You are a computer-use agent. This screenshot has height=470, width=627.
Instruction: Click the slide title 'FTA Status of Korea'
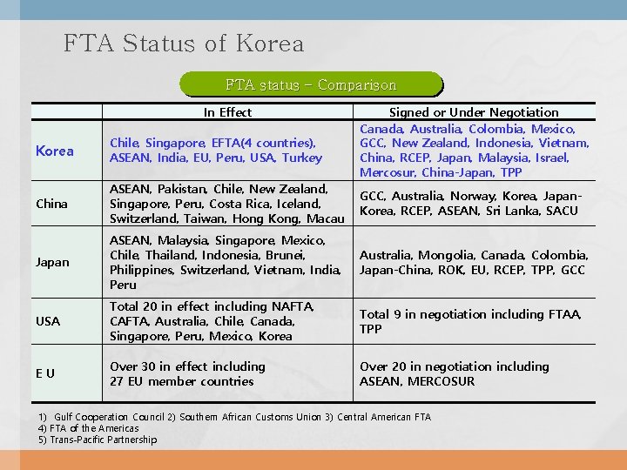tap(184, 44)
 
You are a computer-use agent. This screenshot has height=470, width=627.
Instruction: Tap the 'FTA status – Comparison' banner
tap(311, 84)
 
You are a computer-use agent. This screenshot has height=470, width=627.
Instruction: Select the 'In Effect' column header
tap(227, 112)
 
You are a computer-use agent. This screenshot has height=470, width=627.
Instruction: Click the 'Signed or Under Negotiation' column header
tap(474, 112)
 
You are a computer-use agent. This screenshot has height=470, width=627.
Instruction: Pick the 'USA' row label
tap(48, 321)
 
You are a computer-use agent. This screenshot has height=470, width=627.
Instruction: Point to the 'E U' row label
tap(45, 373)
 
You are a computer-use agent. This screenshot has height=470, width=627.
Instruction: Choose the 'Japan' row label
tap(51, 262)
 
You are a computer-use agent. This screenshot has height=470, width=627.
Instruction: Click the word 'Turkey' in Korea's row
tap(303, 158)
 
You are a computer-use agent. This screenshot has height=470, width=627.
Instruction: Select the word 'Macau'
tap(326, 218)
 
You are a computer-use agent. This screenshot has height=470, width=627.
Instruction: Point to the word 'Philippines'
tap(141, 270)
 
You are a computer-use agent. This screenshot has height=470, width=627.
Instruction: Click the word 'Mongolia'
tap(446, 255)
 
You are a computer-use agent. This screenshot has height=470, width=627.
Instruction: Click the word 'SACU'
tap(560, 211)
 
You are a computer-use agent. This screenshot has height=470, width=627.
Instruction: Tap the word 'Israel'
tap(550, 158)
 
